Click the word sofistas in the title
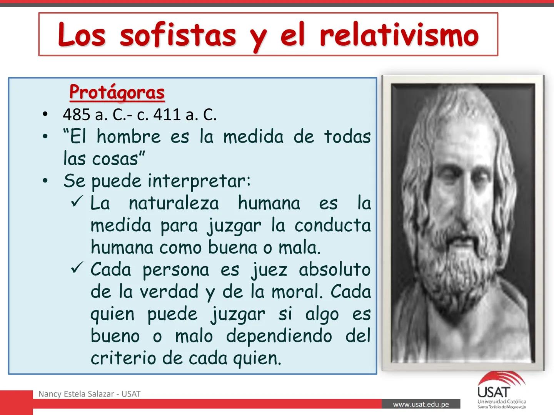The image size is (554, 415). click(177, 35)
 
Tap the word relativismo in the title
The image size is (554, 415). click(399, 35)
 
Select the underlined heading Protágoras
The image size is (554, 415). click(117, 92)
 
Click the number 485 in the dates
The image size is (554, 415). click(75, 115)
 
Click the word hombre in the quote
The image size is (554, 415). click(128, 137)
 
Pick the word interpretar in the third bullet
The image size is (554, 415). click(199, 181)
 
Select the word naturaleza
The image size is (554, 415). click(174, 203)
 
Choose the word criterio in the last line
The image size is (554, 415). click(123, 359)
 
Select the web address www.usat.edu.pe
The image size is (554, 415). click(421, 404)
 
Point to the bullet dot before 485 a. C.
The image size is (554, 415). click(45, 115)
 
